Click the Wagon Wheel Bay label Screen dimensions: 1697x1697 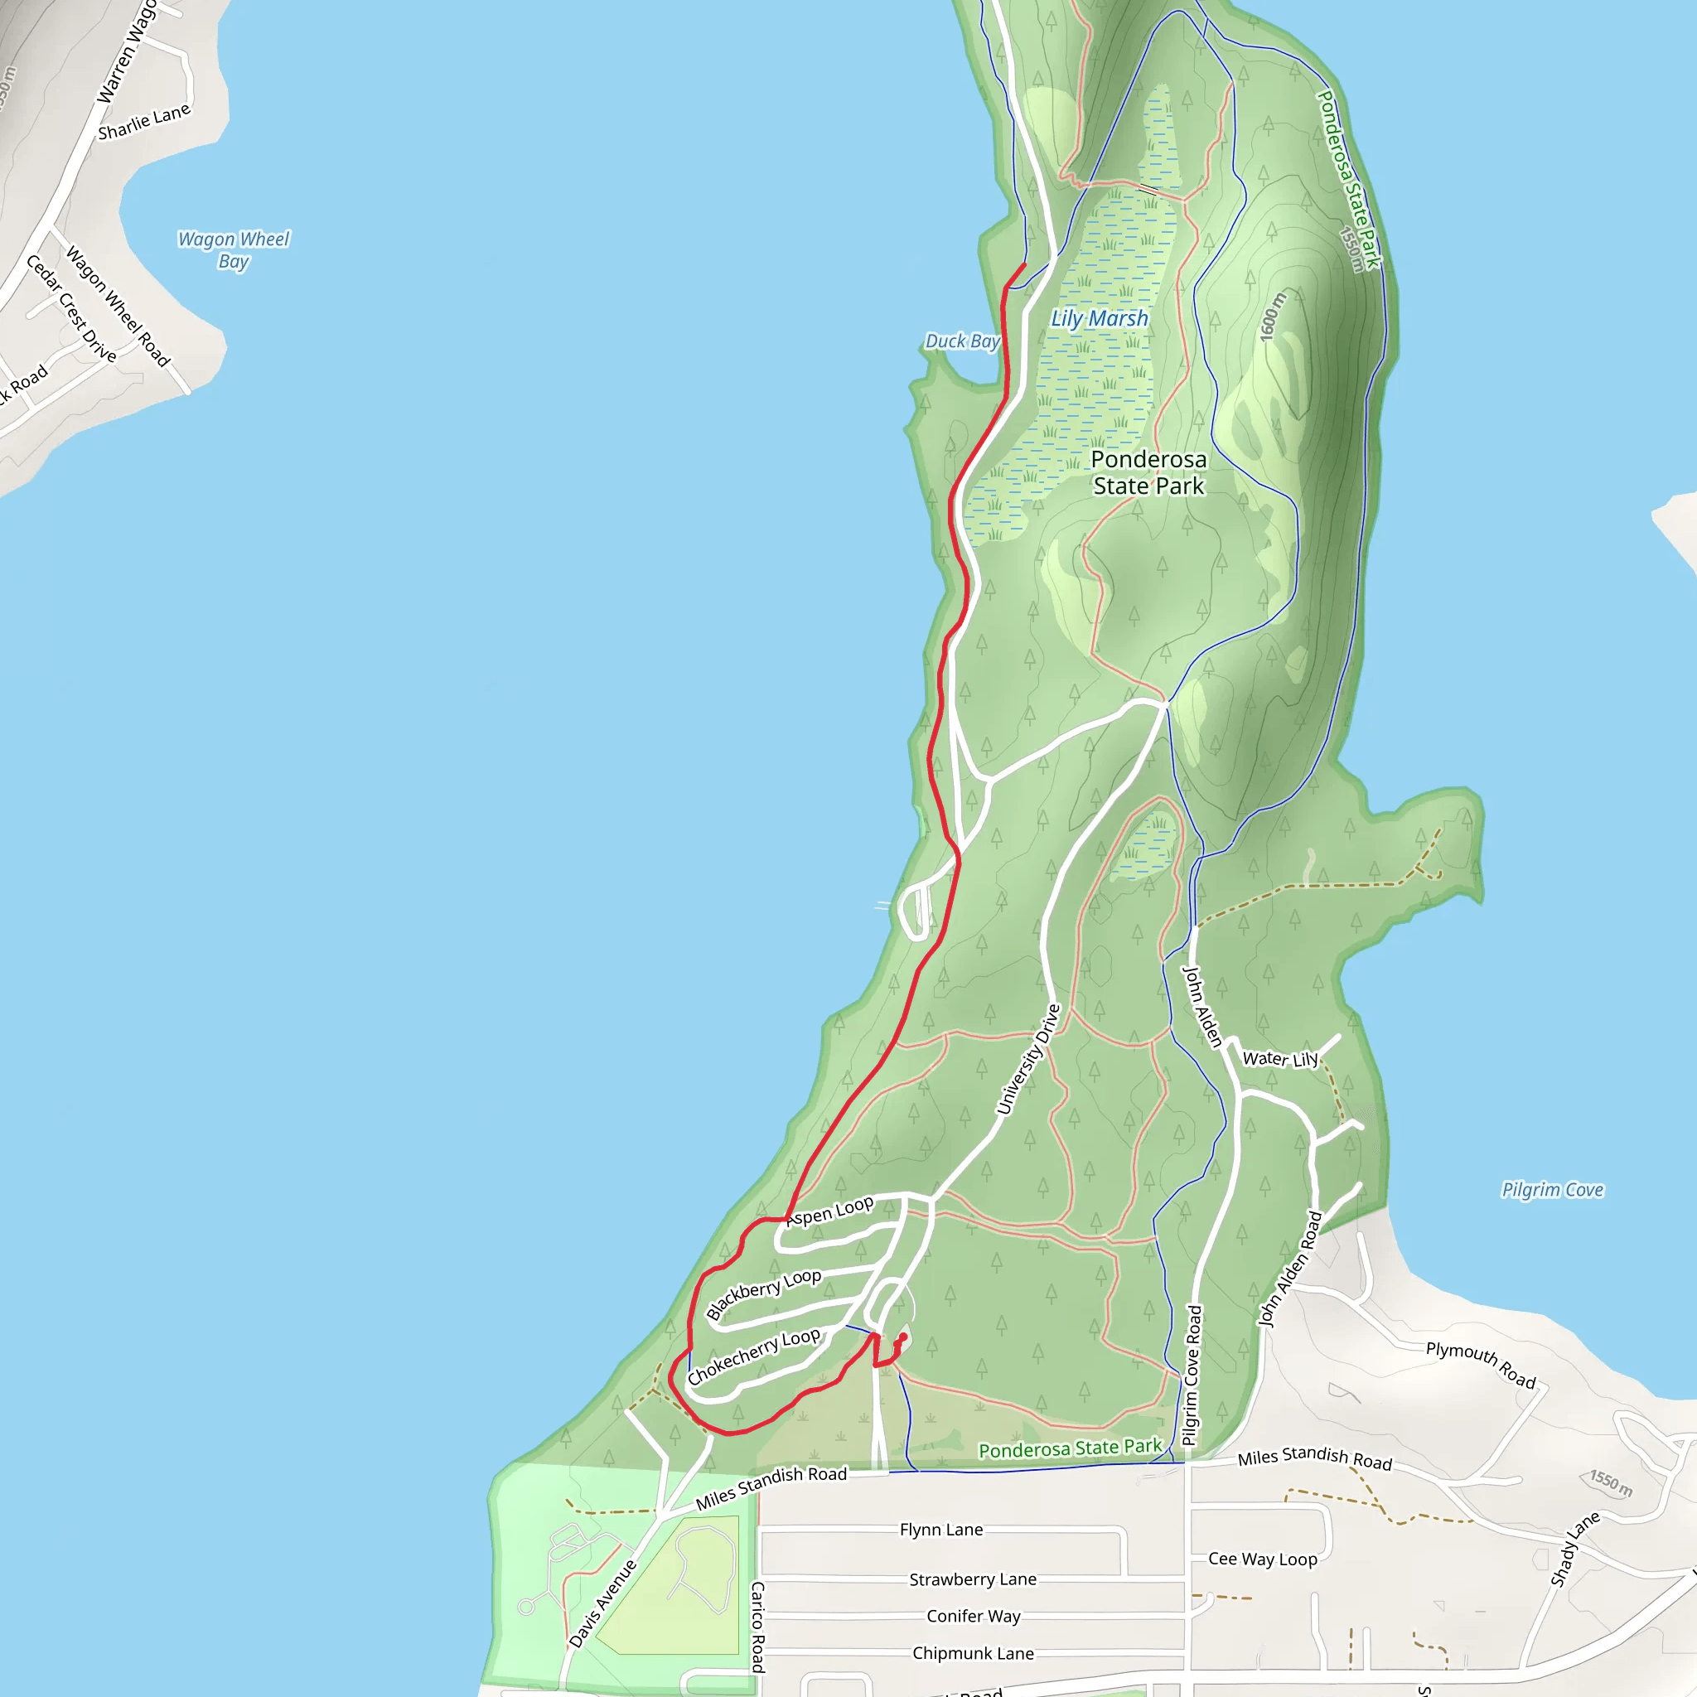click(x=233, y=249)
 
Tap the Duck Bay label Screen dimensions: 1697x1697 click(x=962, y=341)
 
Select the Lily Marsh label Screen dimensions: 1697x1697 click(x=1099, y=319)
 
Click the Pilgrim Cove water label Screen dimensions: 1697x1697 click(x=1552, y=1189)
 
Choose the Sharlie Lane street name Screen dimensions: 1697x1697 click(x=144, y=122)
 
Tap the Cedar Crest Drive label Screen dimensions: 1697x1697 click(x=71, y=308)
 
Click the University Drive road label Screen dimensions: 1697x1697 click(x=1028, y=1059)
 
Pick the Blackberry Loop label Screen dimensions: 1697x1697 click(x=763, y=1293)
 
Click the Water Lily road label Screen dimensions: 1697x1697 click(x=1279, y=1058)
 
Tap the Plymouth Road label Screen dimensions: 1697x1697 click(x=1480, y=1364)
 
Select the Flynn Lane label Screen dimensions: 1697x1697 click(x=940, y=1530)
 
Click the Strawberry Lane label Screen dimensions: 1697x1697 click(x=972, y=1579)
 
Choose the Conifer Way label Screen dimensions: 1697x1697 click(x=974, y=1616)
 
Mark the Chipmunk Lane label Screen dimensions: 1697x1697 click(x=972, y=1653)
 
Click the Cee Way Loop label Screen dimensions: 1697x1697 click(x=1262, y=1559)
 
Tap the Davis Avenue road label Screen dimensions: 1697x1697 click(x=602, y=1603)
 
